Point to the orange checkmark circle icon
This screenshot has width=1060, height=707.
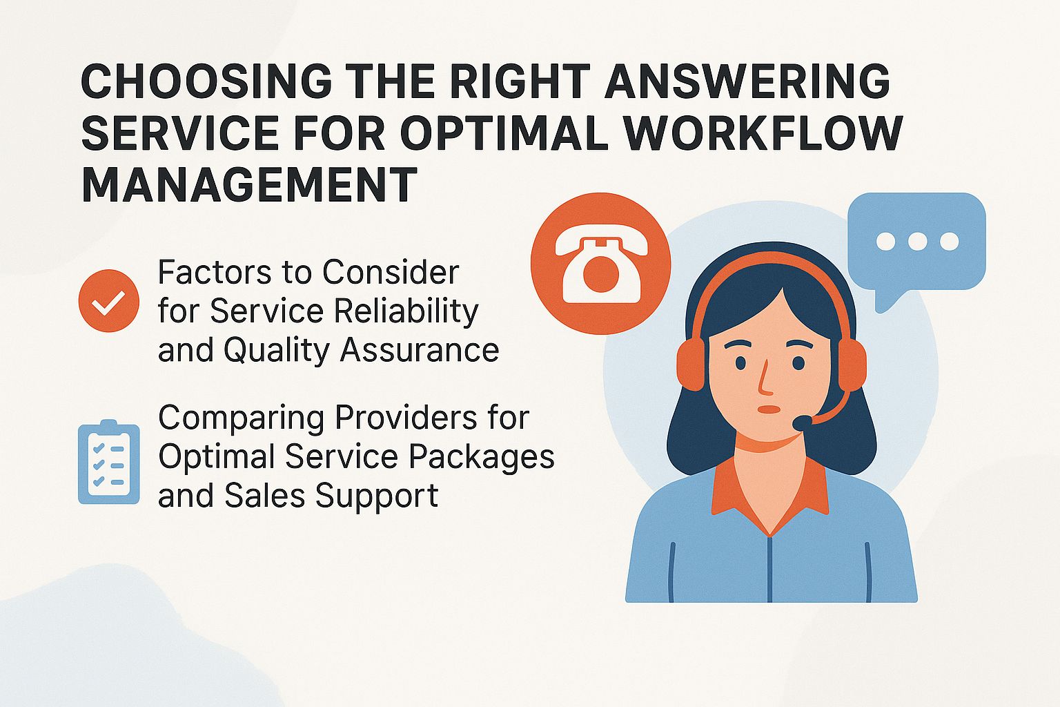[109, 301]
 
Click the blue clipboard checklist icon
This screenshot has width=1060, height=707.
[109, 461]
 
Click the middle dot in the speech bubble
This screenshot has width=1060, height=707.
[917, 241]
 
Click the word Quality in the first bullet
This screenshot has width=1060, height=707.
[277, 350]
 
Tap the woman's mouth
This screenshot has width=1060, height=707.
[767, 409]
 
